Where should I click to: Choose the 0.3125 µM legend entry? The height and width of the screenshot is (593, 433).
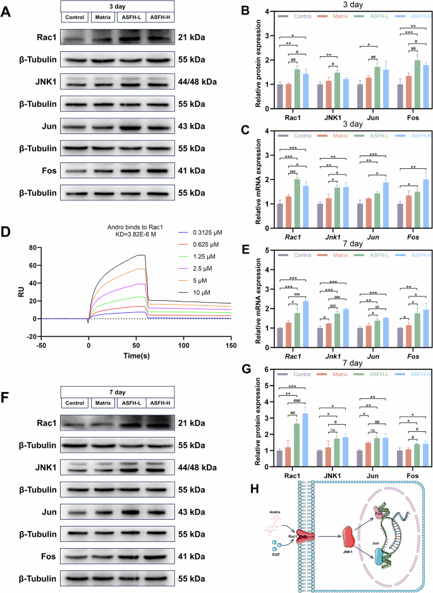[209, 233]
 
